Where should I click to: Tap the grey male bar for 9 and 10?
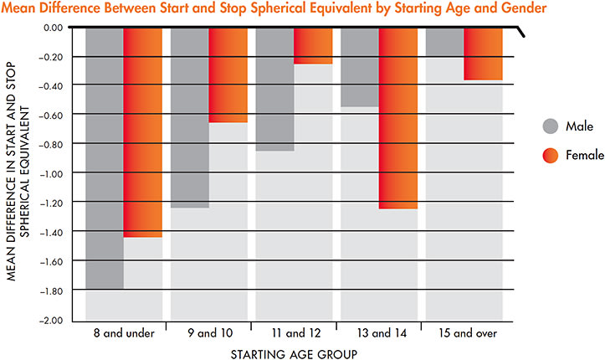pos(190,117)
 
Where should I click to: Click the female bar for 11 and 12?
pos(313,46)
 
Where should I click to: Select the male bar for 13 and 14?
pos(361,67)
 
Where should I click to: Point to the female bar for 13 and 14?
pos(398,117)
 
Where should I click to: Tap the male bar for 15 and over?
pos(445,43)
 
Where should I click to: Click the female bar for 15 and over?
pos(484,54)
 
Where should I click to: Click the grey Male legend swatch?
pos(550,127)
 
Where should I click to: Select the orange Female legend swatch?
pos(550,155)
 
